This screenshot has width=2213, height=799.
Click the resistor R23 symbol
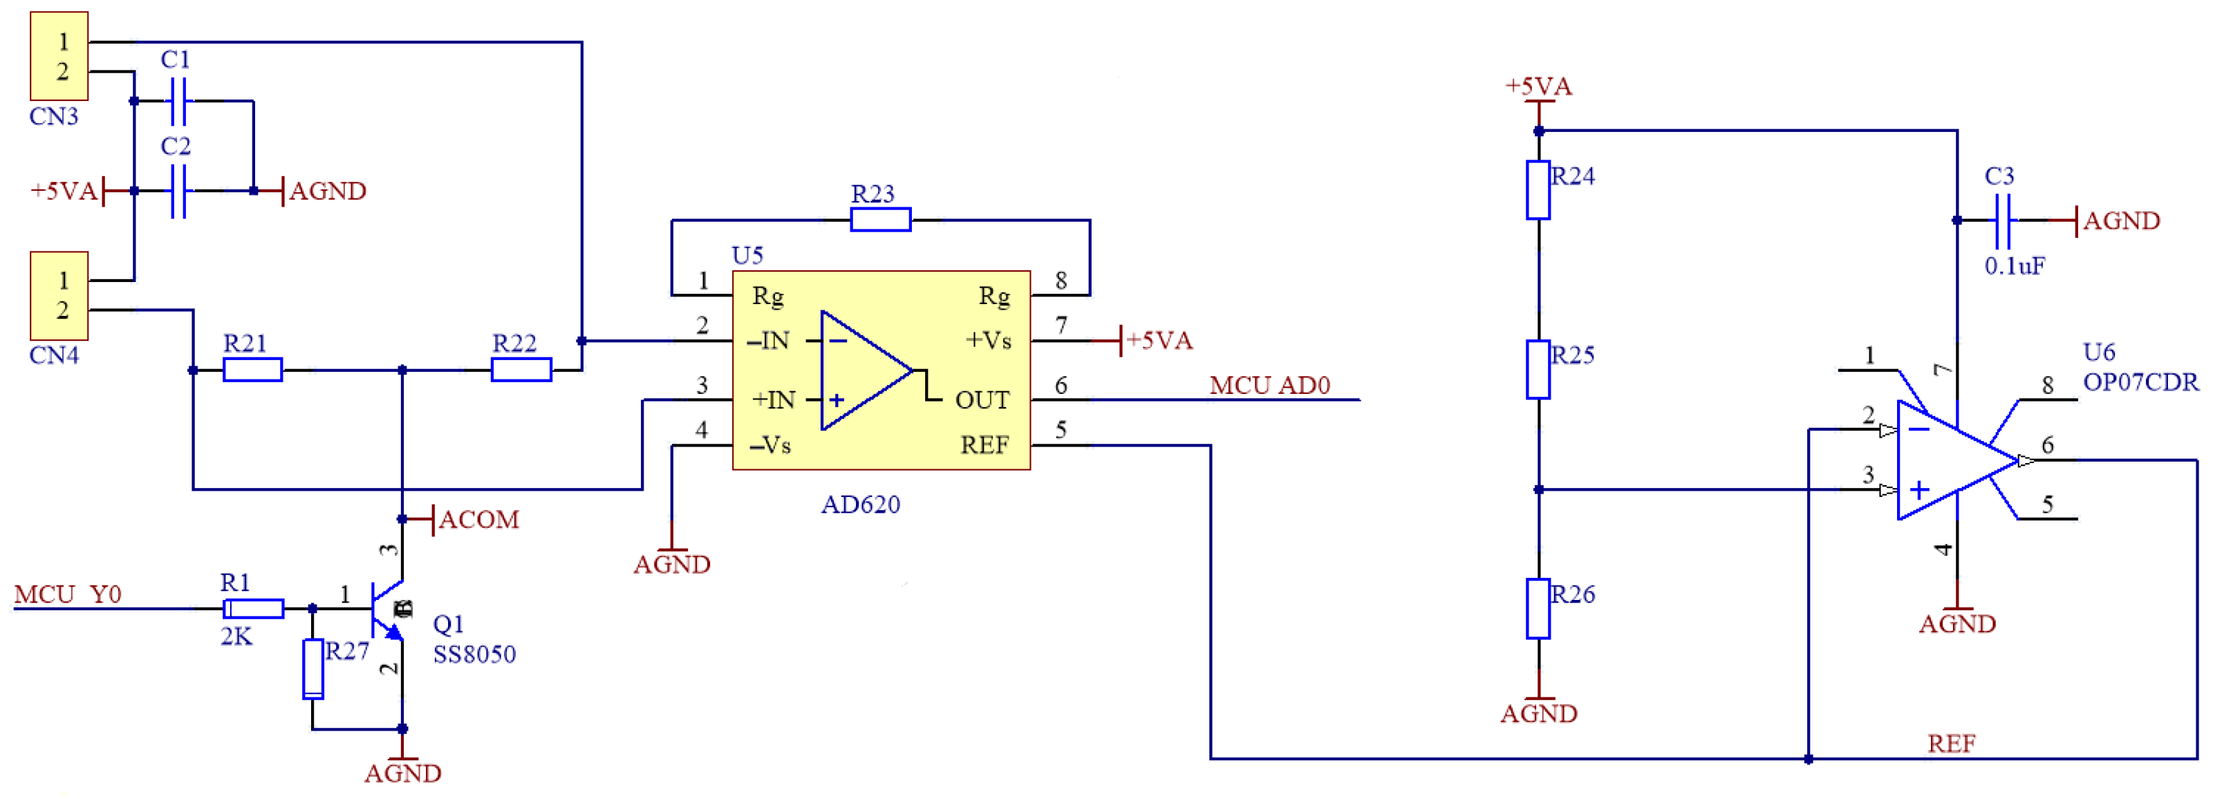pos(881,220)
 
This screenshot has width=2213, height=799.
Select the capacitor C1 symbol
pos(178,102)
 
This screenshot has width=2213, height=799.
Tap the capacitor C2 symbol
pos(178,191)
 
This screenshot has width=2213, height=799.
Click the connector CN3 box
pos(59,56)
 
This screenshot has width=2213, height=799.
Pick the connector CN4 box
pos(59,296)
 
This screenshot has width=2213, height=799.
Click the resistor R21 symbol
pos(252,370)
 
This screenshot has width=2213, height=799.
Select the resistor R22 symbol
pos(521,370)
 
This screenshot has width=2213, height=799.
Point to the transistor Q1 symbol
pos(386,610)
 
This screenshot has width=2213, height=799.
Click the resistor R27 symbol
pos(314,668)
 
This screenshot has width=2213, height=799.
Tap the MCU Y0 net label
pos(68,594)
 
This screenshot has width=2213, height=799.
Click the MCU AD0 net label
pos(1270,386)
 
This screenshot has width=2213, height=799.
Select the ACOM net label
pos(478,520)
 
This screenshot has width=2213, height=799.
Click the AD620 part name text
pos(861,505)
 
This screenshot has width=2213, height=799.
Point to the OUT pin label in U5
pos(982,400)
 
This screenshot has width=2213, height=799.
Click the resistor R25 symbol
pos(1538,369)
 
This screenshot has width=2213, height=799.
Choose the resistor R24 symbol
pos(1538,190)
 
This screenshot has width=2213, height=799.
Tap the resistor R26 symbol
pos(1538,609)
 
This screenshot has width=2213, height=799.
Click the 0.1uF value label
pos(2015,266)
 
